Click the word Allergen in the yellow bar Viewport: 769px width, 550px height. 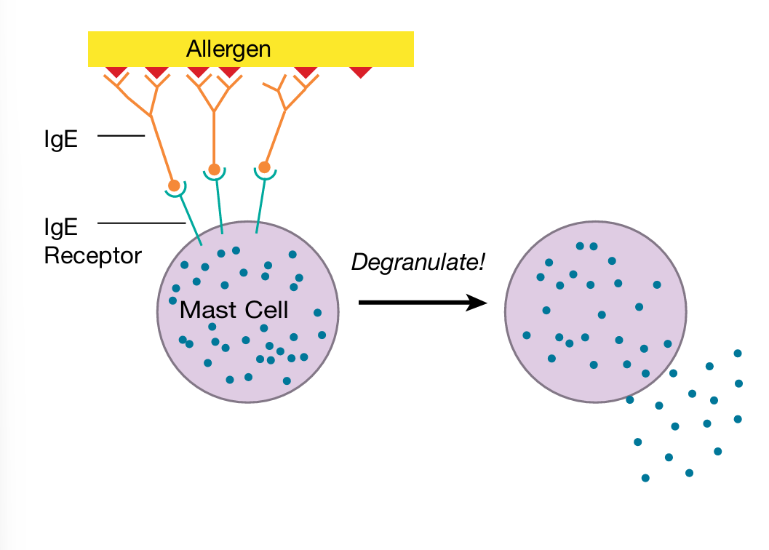tap(228, 49)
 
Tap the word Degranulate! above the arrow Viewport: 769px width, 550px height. tap(418, 262)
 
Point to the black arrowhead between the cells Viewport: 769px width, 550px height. tap(477, 303)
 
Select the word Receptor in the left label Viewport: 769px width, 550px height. tap(92, 255)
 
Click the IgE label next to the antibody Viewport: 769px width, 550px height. tap(60, 138)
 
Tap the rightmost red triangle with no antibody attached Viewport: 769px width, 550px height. tap(361, 72)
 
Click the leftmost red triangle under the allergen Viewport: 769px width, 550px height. tap(116, 72)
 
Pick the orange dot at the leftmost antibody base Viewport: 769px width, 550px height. tap(174, 186)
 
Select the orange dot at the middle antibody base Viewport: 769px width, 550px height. tap(214, 170)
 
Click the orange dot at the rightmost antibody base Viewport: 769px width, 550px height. tap(265, 167)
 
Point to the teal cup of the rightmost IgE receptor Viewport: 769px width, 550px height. tap(265, 175)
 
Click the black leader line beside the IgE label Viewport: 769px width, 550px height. tap(121, 135)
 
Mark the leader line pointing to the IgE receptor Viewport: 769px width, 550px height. tap(142, 223)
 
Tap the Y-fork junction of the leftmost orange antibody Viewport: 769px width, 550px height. tap(151, 114)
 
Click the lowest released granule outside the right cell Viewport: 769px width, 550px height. tap(645, 478)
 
